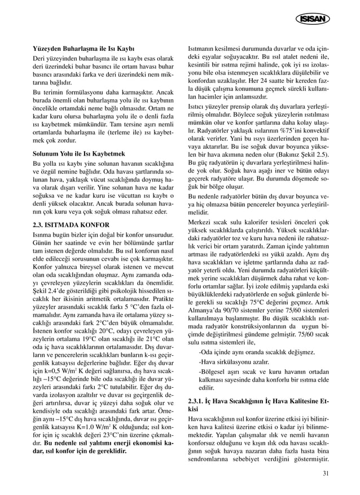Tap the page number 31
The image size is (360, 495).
coord(326,473)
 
